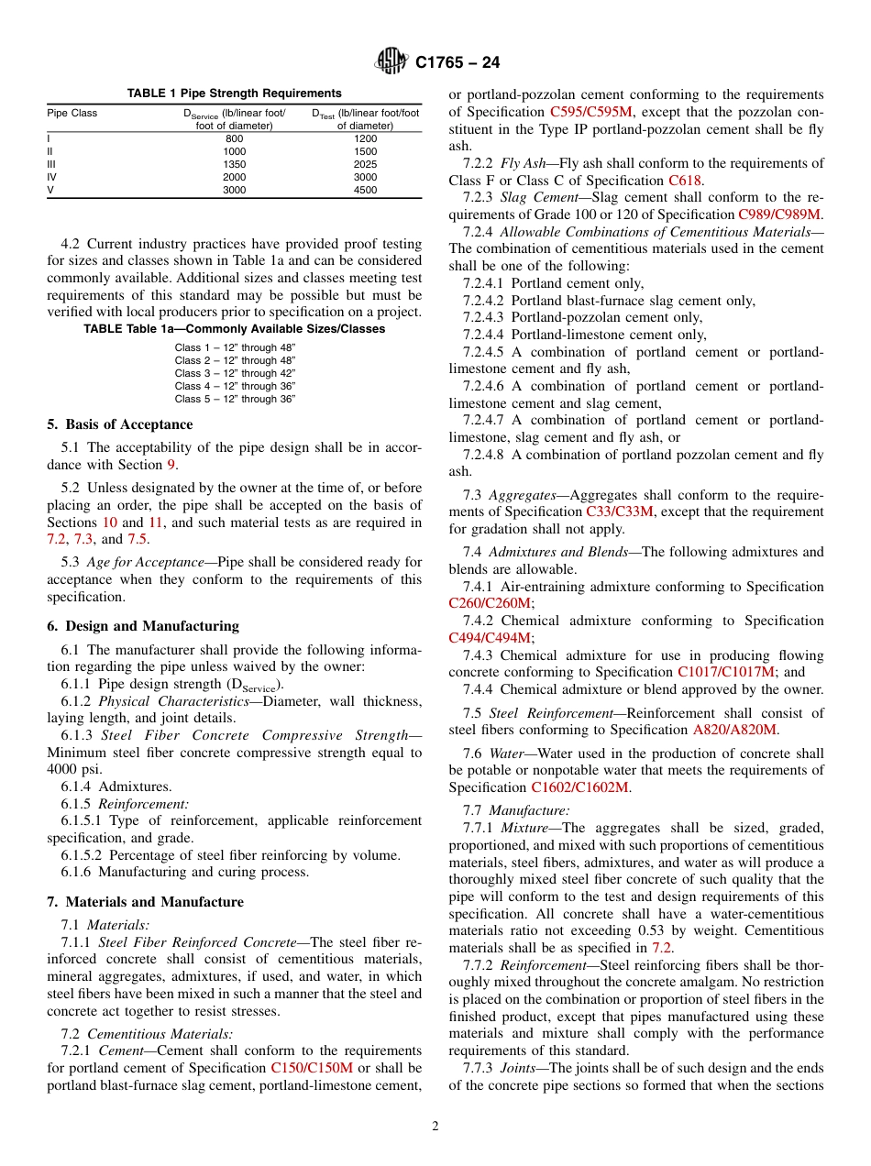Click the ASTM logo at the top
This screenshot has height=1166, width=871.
pyautogui.click(x=391, y=62)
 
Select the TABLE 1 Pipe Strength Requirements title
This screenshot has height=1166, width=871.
pyautogui.click(x=234, y=93)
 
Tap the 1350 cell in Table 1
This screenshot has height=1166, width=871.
pyautogui.click(x=235, y=165)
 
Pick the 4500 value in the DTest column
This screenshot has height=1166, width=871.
pyautogui.click(x=365, y=191)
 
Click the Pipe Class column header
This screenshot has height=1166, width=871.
pyautogui.click(x=72, y=114)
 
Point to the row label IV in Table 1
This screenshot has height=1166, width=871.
pyautogui.click(x=52, y=178)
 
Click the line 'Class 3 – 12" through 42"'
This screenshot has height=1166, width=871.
pyautogui.click(x=235, y=373)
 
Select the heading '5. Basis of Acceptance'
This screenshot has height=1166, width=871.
pyautogui.click(x=120, y=424)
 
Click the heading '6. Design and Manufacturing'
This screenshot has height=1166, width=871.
pyautogui.click(x=143, y=626)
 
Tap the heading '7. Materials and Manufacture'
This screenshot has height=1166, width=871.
pyautogui.click(x=145, y=902)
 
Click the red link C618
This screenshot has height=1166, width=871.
pyautogui.click(x=685, y=181)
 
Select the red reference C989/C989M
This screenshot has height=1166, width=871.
pyautogui.click(x=780, y=214)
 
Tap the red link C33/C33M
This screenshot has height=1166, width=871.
pyautogui.click(x=619, y=511)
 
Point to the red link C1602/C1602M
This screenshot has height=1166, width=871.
pyautogui.click(x=580, y=787)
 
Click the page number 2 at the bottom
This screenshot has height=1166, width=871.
pyautogui.click(x=435, y=1127)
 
